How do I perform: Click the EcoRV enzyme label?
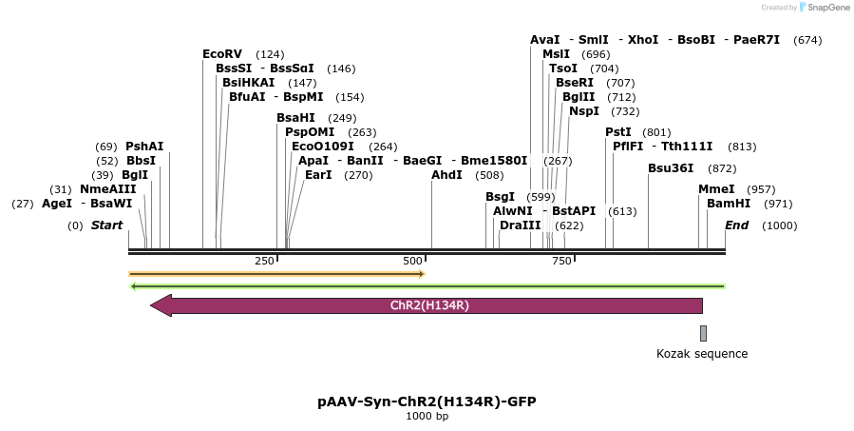pyautogui.click(x=222, y=54)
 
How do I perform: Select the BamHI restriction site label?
pyautogui.click(x=729, y=204)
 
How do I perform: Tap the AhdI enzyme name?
pyautogui.click(x=446, y=175)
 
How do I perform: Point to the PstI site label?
pyautogui.click(x=618, y=132)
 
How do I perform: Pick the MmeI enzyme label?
pyautogui.click(x=716, y=189)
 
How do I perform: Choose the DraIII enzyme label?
pyautogui.click(x=520, y=225)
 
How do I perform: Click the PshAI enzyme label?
pyautogui.click(x=144, y=147)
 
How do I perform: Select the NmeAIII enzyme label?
pyautogui.click(x=108, y=189)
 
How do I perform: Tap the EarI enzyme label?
pyautogui.click(x=318, y=175)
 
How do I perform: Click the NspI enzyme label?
pyautogui.click(x=584, y=111)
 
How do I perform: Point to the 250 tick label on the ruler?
pyautogui.click(x=264, y=262)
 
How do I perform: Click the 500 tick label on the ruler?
pyautogui.click(x=412, y=262)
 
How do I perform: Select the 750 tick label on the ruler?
pyautogui.click(x=561, y=262)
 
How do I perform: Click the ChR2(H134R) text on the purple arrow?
pyautogui.click(x=429, y=305)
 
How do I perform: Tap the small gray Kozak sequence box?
pyautogui.click(x=703, y=333)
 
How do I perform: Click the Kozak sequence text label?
pyautogui.click(x=702, y=354)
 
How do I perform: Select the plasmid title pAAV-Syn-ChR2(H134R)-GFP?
pyautogui.click(x=427, y=402)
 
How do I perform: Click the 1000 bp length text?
pyautogui.click(x=427, y=417)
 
